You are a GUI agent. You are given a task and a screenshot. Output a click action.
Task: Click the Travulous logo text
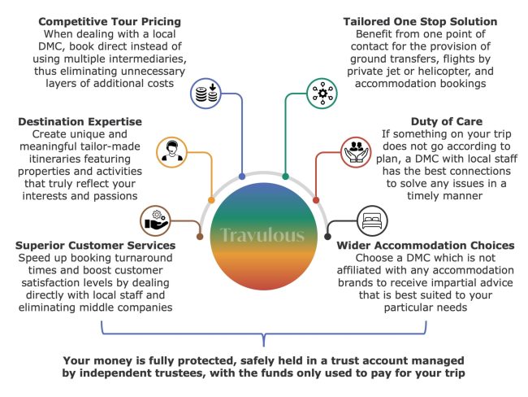262,236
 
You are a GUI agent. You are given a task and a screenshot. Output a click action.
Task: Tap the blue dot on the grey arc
243,176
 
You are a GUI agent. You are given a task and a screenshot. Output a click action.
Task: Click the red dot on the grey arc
316,199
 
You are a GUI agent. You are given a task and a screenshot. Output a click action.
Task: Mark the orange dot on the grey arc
211,199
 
